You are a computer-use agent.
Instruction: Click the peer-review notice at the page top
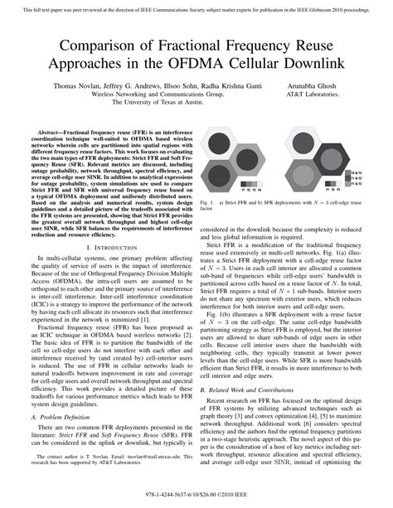[196, 5]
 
